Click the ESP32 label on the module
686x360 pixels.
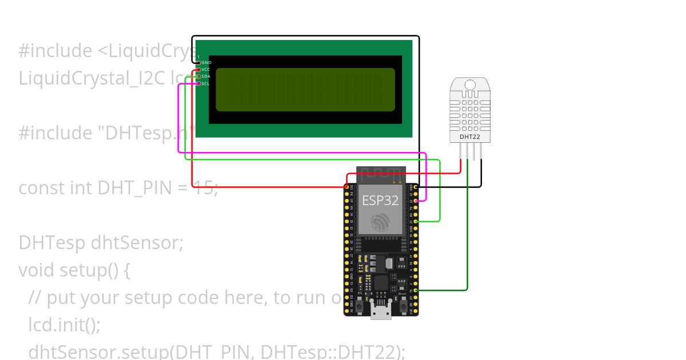point(380,201)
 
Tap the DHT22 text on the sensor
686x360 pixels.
point(469,137)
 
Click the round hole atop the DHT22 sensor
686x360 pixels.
point(469,85)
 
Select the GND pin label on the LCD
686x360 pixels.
point(206,62)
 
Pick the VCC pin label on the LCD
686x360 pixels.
point(206,69)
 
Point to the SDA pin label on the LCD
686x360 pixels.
point(206,77)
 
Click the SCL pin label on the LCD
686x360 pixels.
point(206,83)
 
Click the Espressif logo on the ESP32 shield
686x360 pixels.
point(380,222)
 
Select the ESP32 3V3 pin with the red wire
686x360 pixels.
point(346,187)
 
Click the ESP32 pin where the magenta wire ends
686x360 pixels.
point(416,201)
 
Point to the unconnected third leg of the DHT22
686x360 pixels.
point(474,151)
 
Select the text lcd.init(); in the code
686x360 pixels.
point(65,325)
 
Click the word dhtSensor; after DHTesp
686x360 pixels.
point(137,242)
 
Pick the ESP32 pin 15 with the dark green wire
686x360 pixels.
point(416,290)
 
